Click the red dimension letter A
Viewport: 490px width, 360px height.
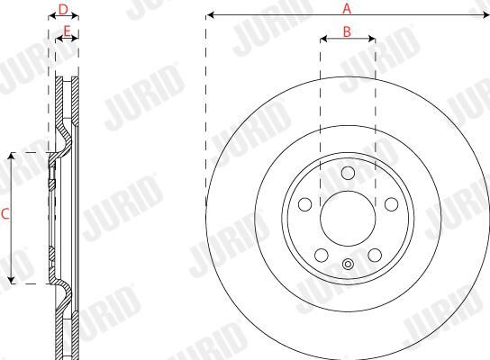(347, 8)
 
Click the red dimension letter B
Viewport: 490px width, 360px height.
(347, 31)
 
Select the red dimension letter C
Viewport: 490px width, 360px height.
(5, 214)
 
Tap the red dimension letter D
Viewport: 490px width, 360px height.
(63, 9)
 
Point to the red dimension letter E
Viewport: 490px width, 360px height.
(67, 31)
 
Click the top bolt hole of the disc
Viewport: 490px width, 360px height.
(348, 173)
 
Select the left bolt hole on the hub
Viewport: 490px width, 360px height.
(305, 204)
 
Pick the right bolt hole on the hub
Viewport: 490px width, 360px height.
(391, 204)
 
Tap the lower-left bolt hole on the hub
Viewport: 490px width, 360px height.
(322, 255)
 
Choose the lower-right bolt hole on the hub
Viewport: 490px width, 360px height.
(375, 255)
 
